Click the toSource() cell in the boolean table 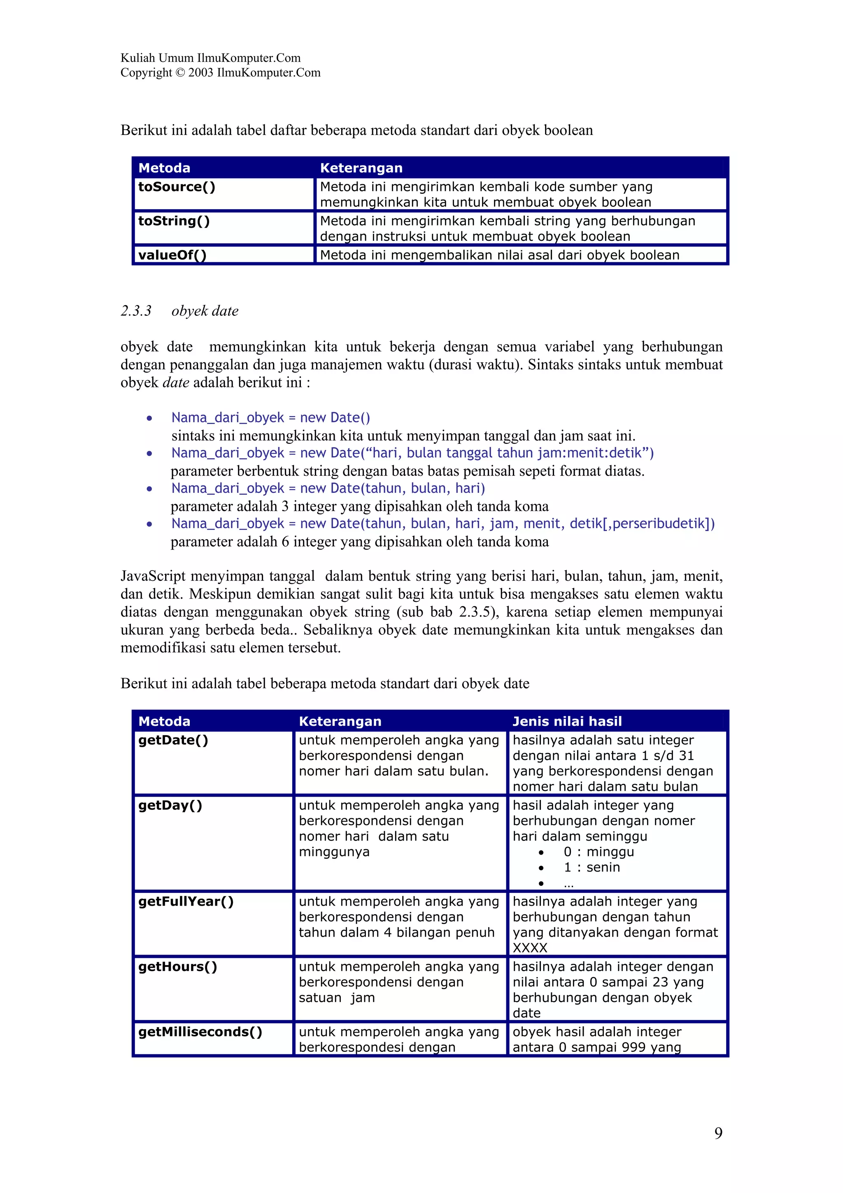click(x=177, y=187)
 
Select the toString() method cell click(x=174, y=221)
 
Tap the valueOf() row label click(x=172, y=255)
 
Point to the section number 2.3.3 click(x=136, y=311)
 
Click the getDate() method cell click(x=173, y=741)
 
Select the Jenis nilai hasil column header click(x=567, y=721)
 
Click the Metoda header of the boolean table click(x=164, y=168)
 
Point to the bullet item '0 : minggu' click(x=599, y=852)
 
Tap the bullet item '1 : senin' click(x=591, y=867)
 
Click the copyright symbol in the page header click(x=180, y=73)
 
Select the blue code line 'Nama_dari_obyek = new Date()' click(x=270, y=418)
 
